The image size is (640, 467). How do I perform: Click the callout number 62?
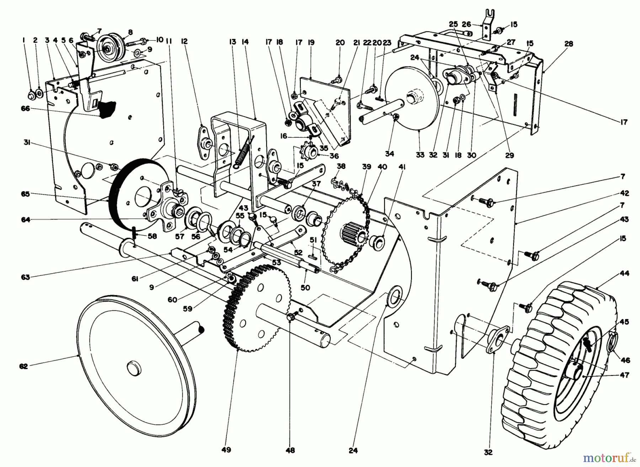coord(23,366)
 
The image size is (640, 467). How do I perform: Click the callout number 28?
coord(569,44)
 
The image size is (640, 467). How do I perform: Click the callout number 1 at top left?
coord(24,41)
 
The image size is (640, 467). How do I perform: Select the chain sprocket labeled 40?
coord(345,235)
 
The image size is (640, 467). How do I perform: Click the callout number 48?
coord(290,450)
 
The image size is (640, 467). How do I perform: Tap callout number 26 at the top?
coord(466,24)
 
